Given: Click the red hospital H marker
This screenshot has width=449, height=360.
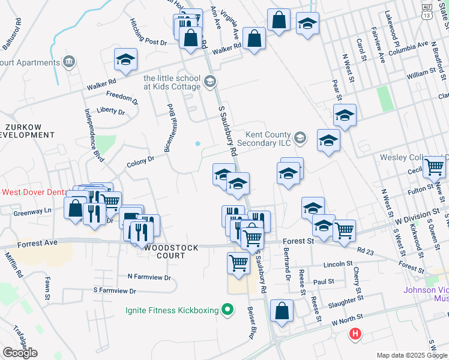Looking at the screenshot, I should [356, 334].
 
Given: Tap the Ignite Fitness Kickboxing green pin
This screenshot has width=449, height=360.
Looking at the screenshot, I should [227, 310].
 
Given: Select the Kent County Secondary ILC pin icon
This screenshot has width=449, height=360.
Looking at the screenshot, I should [300, 139].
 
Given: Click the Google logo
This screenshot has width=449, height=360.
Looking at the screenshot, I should [20, 352].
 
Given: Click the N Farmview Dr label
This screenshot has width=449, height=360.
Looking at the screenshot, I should [149, 277].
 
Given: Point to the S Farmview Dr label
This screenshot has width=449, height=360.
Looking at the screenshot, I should [115, 290].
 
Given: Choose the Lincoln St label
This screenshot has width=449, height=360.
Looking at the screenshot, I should [338, 263].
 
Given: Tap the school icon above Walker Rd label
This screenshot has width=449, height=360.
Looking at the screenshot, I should [126, 59].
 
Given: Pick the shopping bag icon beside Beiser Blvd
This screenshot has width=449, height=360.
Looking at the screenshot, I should [281, 311].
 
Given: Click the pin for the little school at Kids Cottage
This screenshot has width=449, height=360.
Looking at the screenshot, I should [209, 81].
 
